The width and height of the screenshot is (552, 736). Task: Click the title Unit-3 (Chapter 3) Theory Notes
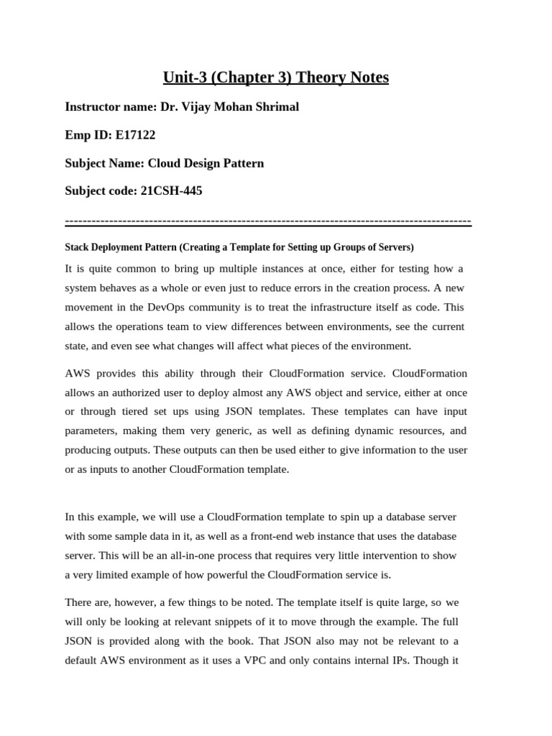276,77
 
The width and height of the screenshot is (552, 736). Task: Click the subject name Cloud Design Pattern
206,163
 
